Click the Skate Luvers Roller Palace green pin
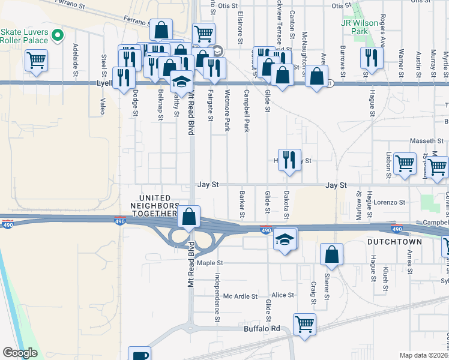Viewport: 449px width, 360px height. [x=58, y=35]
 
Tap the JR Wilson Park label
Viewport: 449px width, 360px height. [x=360, y=28]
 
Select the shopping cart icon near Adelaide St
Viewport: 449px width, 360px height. [x=36, y=61]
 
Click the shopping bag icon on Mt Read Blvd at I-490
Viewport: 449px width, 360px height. [x=189, y=217]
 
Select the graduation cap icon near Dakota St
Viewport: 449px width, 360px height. [x=285, y=239]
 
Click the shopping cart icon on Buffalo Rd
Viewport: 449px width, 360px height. [x=304, y=325]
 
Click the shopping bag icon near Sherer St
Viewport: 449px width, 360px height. [x=331, y=255]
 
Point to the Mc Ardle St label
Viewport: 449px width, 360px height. [x=240, y=296]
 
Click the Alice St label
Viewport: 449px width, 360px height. [x=283, y=295]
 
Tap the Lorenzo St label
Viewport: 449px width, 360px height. [x=390, y=203]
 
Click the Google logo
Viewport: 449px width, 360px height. [x=20, y=352]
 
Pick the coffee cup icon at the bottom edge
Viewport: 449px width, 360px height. [x=140, y=354]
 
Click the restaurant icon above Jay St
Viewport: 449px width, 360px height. [x=289, y=160]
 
